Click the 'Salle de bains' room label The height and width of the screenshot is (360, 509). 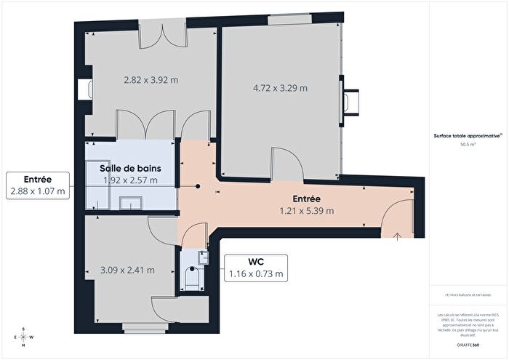pyautogui.click(x=130, y=168)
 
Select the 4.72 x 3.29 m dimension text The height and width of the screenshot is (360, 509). pyautogui.click(x=280, y=88)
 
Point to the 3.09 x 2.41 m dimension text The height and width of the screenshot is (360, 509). pyautogui.click(x=127, y=270)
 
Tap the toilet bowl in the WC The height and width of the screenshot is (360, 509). pyautogui.click(x=193, y=278)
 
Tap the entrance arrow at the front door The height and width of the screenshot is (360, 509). pyautogui.click(x=398, y=234)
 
